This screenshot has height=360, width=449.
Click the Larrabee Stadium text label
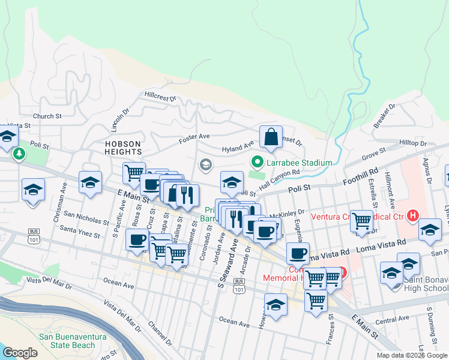click(300, 163)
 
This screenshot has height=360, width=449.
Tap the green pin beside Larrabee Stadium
click(257, 162)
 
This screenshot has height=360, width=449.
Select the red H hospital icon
click(412, 215)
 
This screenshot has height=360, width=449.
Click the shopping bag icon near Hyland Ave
click(271, 137)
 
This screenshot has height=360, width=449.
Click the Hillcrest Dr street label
click(160, 96)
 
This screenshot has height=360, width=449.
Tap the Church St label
click(47, 116)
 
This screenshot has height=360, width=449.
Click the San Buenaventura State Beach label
click(67, 340)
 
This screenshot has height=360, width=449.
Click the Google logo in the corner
click(19, 352)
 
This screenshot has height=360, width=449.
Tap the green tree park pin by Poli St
click(19, 154)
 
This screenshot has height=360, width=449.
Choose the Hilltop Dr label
click(412, 143)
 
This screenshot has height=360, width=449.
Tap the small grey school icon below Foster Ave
click(206, 164)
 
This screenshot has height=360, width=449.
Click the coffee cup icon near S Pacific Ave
click(137, 239)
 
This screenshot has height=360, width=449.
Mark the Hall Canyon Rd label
click(279, 175)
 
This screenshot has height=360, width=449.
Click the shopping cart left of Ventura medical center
click(361, 220)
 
